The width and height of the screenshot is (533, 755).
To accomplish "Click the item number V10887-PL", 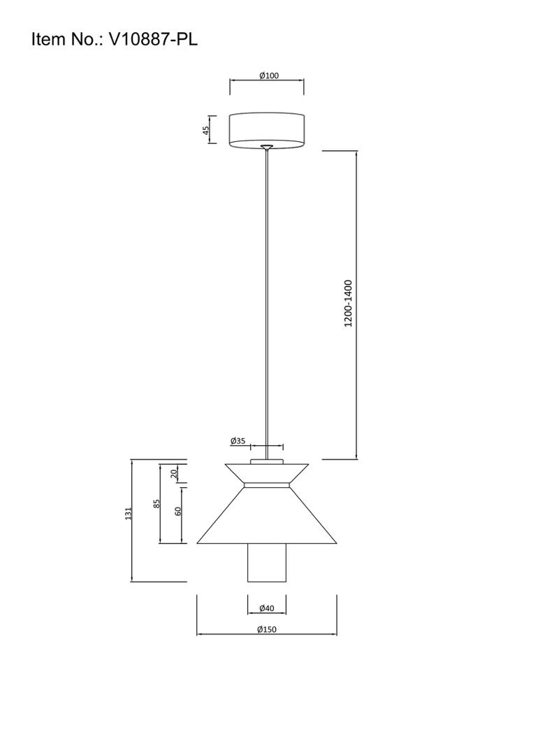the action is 153,39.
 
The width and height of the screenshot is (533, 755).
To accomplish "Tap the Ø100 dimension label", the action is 269,75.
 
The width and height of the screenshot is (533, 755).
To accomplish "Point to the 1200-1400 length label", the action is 349,303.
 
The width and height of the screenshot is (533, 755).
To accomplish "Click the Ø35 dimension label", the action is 238,440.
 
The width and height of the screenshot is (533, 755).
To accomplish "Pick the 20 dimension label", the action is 175,473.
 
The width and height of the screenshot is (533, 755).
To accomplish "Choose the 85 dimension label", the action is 156,503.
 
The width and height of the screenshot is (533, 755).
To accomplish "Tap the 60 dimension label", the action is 178,511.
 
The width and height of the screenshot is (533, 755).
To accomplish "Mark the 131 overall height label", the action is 127,513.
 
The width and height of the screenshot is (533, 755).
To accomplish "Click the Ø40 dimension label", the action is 267,608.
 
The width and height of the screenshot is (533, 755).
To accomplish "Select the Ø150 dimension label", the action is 267,629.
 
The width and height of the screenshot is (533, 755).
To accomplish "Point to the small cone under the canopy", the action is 267,146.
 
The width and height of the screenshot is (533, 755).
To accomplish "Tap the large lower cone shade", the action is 267,516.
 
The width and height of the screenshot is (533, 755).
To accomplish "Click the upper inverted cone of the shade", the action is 267,473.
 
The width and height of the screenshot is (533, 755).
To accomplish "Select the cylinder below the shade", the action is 267,563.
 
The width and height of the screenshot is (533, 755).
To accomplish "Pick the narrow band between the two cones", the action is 267,485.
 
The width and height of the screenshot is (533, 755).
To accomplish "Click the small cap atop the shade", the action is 267,461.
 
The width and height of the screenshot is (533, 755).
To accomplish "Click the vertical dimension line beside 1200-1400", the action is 356,305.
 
